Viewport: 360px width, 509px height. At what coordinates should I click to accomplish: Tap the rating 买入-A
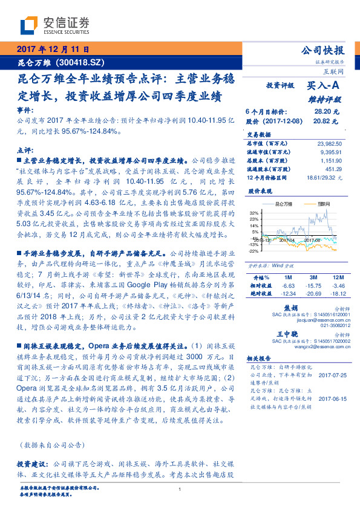tap(324, 86)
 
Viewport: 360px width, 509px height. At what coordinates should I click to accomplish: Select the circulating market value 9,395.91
tap(332, 152)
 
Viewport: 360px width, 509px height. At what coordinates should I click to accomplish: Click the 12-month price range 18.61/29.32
tap(326, 178)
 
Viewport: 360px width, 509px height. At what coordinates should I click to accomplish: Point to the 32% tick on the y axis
tap(254, 213)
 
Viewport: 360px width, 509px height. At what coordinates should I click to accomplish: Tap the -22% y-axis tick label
tap(254, 251)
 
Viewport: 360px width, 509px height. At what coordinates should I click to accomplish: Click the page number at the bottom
tap(180, 498)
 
